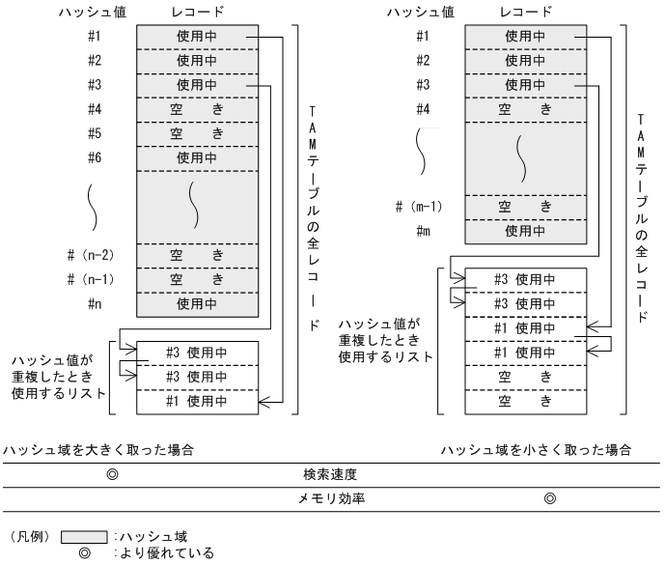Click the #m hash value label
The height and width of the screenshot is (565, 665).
click(424, 231)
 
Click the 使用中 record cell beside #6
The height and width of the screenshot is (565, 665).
click(197, 156)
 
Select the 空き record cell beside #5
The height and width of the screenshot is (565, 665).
click(197, 132)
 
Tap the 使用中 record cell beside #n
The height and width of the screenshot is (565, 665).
click(197, 303)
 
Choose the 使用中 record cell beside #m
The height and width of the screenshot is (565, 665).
click(525, 231)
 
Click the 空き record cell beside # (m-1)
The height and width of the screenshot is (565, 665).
click(525, 207)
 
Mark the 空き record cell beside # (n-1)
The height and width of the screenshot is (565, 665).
click(197, 279)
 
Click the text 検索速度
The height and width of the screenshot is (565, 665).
click(330, 475)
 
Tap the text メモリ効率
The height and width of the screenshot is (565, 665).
click(330, 498)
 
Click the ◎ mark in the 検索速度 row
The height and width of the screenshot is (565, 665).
click(112, 475)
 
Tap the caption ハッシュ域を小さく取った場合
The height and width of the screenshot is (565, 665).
click(537, 450)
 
